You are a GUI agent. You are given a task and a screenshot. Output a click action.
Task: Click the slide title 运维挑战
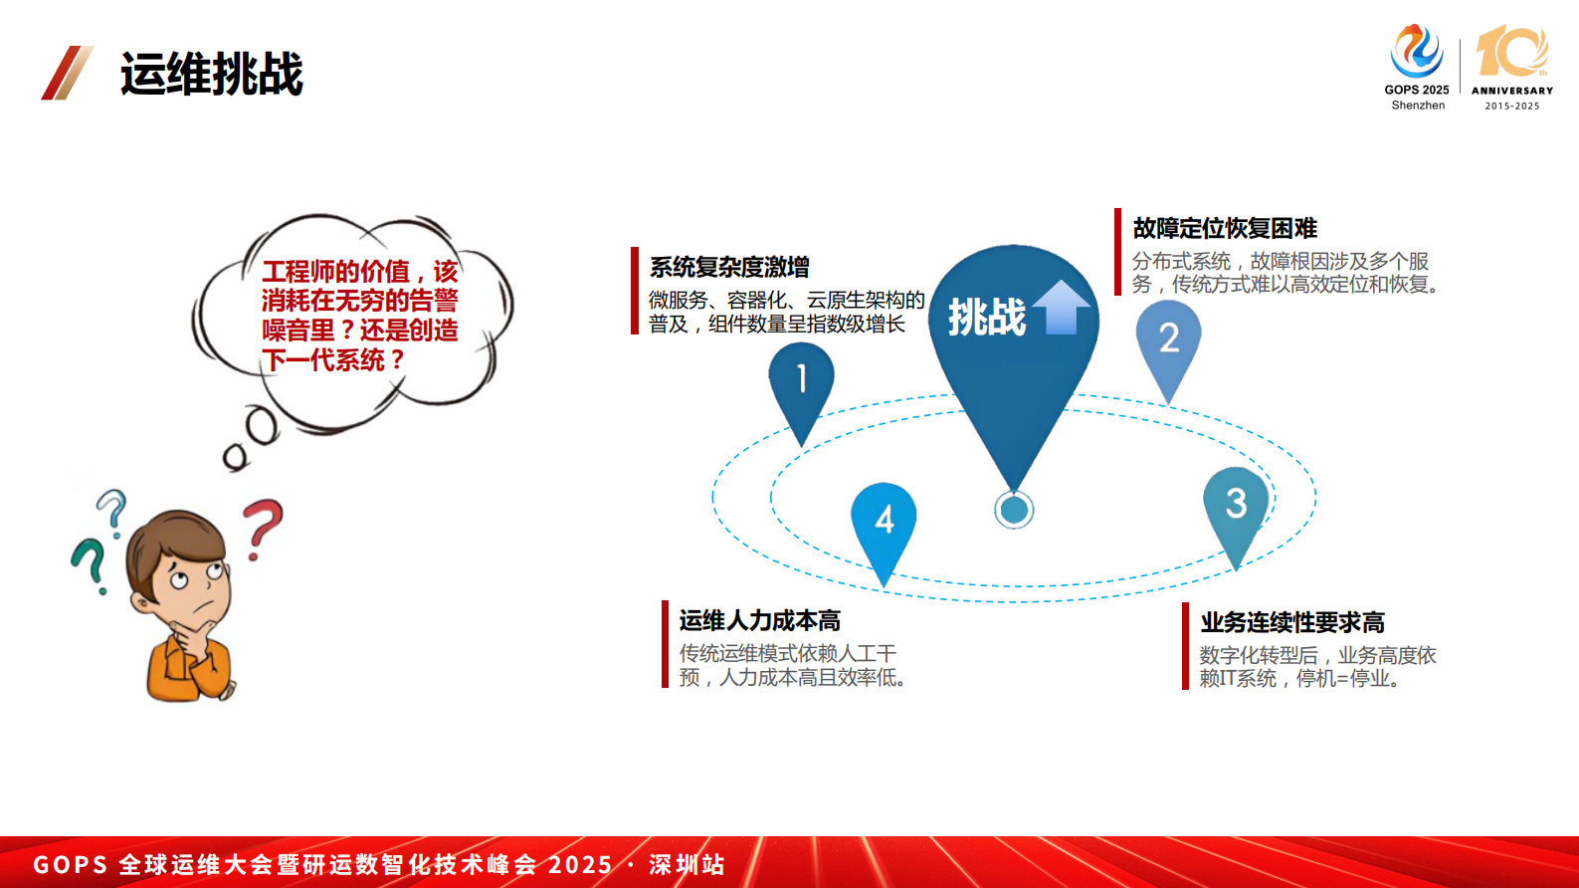[x=212, y=74]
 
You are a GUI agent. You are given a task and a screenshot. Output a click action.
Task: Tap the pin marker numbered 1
[x=802, y=389]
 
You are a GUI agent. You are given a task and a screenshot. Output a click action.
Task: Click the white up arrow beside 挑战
[x=1061, y=308]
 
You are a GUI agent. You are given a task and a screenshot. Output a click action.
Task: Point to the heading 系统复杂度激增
[x=729, y=268]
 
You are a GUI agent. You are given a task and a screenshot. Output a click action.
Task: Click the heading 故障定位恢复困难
[x=1225, y=229]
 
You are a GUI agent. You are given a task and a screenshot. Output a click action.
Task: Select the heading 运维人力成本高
[x=760, y=620]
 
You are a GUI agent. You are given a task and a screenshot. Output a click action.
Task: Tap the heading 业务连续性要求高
[x=1292, y=623]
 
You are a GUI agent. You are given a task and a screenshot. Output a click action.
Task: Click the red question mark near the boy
[x=263, y=527]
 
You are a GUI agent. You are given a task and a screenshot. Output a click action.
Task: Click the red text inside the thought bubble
[x=360, y=316]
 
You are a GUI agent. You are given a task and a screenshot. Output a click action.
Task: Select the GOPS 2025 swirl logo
[x=1416, y=51]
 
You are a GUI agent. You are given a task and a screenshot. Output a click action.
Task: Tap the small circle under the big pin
[x=1014, y=510]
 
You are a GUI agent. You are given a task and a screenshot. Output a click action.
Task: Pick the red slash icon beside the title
[x=67, y=73]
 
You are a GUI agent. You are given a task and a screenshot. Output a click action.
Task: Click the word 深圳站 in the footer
[x=687, y=865]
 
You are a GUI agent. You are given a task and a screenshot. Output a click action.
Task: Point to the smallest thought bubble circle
[x=236, y=457]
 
